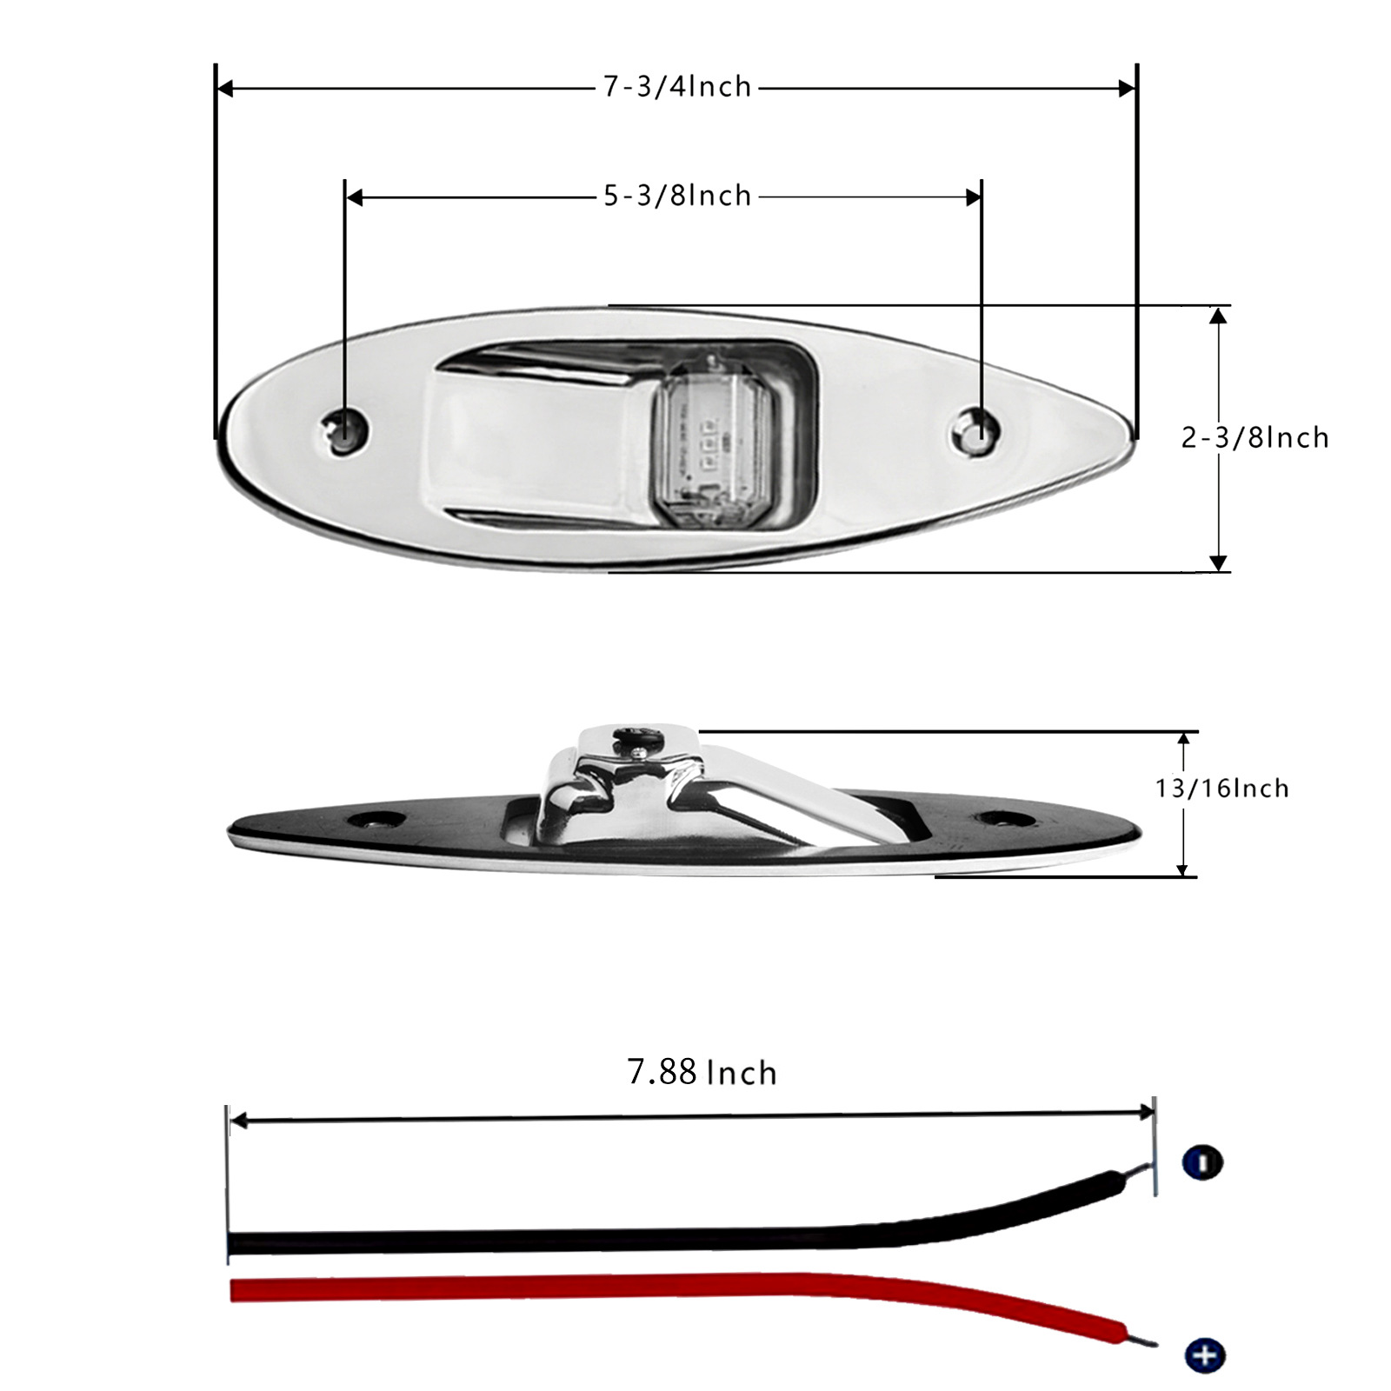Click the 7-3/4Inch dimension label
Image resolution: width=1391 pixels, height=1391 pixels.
point(677,87)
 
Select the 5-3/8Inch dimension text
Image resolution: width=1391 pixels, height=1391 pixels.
point(677,196)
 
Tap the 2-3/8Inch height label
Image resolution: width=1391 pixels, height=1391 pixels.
point(1255,437)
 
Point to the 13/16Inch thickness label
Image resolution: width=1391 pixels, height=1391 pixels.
point(1221,789)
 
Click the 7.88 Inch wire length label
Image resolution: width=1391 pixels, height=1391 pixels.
point(702,1073)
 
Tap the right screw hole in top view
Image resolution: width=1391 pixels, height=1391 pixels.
point(978,429)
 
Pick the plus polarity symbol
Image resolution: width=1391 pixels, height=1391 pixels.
point(1204,1354)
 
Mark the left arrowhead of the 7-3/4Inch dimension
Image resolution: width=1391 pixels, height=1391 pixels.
point(224,88)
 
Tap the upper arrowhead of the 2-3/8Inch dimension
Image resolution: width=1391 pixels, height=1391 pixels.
point(1218,315)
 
